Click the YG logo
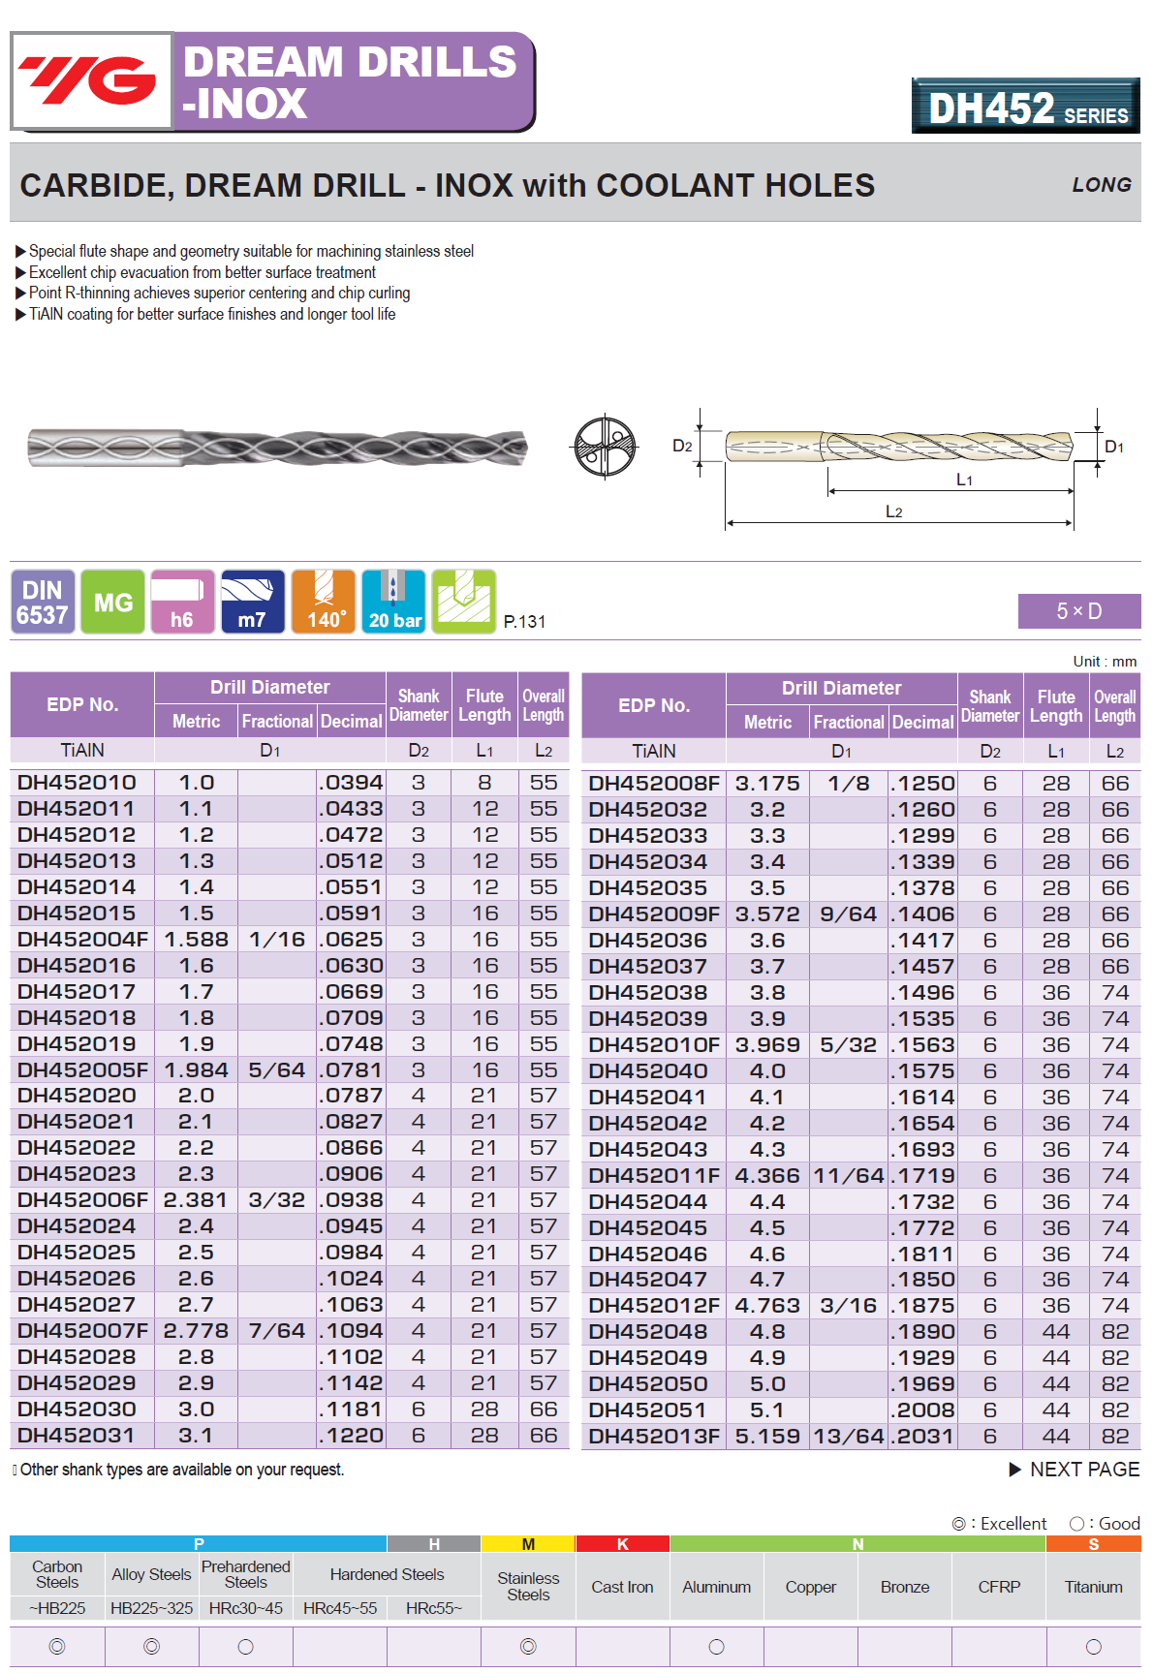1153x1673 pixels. click(x=91, y=80)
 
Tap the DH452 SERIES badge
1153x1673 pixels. click(x=1026, y=107)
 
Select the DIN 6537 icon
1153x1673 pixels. click(x=43, y=603)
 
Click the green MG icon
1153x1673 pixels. click(x=112, y=603)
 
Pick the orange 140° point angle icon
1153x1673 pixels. click(x=324, y=603)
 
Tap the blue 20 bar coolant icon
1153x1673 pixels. click(x=393, y=603)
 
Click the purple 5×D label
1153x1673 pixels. click(x=1078, y=611)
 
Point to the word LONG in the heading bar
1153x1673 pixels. click(x=1101, y=185)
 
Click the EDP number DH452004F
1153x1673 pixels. click(x=82, y=940)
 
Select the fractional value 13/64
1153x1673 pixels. click(x=848, y=1437)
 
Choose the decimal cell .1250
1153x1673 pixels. click(x=923, y=784)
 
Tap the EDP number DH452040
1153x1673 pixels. click(x=648, y=1071)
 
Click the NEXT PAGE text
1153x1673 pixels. click(x=1083, y=1470)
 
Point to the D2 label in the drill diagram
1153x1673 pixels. click(x=682, y=446)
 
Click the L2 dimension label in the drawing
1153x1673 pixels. click(x=893, y=511)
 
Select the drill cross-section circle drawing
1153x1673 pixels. click(x=605, y=447)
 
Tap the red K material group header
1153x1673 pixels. click(x=622, y=1544)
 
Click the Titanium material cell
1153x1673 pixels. click(x=1093, y=1587)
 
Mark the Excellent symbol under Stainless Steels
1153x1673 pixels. click(x=528, y=1646)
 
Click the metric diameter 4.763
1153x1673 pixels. click(x=767, y=1306)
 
